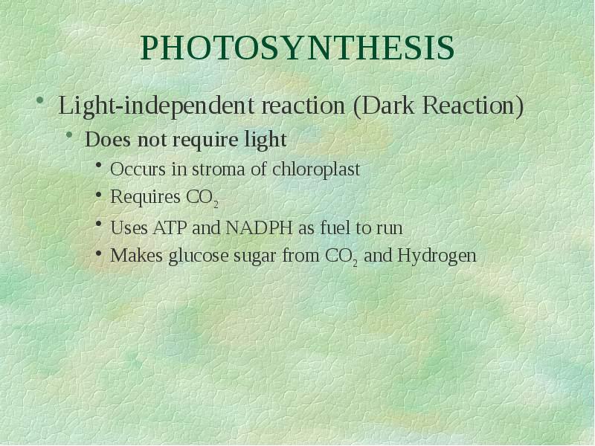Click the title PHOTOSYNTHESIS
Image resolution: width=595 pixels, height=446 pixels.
click(x=297, y=48)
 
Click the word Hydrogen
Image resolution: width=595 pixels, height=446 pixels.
click(x=437, y=256)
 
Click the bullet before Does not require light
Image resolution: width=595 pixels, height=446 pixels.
click(x=69, y=137)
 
